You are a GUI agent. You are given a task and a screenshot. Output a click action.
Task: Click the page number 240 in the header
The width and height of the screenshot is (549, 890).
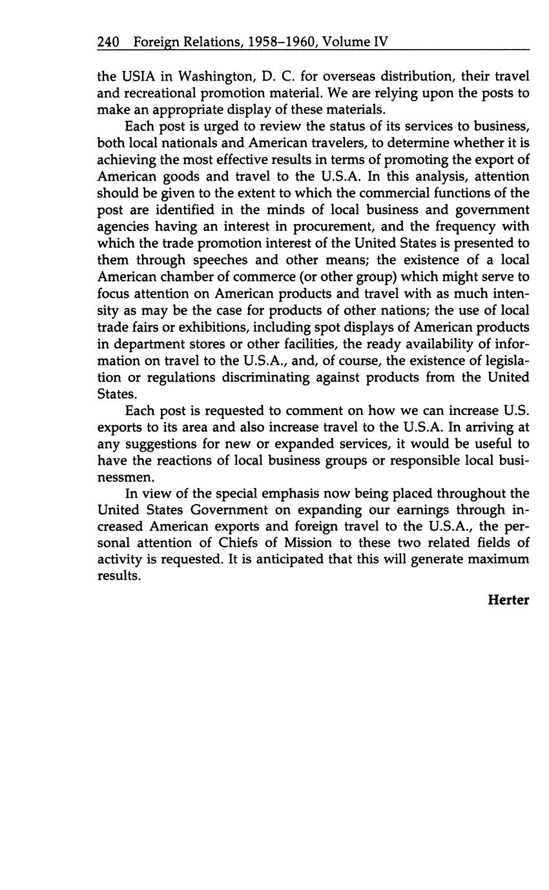coord(108,42)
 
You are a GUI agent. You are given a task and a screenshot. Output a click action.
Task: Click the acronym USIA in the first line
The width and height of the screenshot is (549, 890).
coord(132,76)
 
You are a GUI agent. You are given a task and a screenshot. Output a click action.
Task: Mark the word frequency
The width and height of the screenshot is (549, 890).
coord(474,227)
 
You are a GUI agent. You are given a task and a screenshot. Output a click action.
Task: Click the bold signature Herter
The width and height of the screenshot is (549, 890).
coord(508,600)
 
